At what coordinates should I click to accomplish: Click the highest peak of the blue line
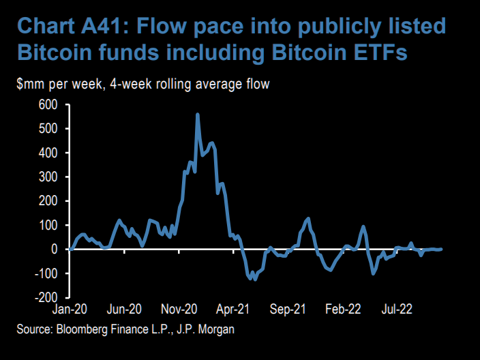tap(198, 115)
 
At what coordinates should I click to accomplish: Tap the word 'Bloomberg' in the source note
tap(83, 330)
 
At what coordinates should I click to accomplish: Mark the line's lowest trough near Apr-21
tap(254, 279)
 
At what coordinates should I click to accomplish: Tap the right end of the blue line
tap(441, 249)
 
